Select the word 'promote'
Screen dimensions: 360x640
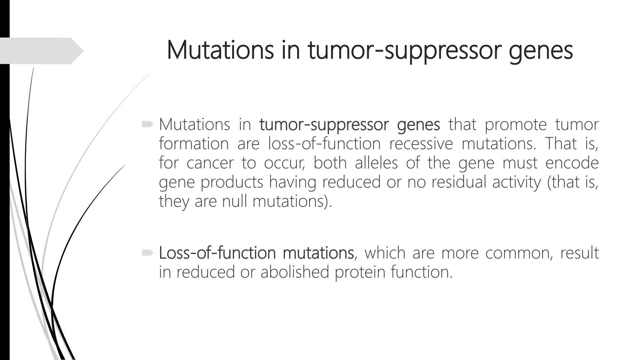pyautogui.click(x=515, y=125)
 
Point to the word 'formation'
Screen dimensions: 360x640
pyautogui.click(x=193, y=144)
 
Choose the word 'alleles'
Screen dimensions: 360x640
pyautogui.click(x=376, y=163)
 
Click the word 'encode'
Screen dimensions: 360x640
pyautogui.click(x=572, y=163)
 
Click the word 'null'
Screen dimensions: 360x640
pyautogui.click(x=234, y=202)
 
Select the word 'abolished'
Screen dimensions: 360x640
pyautogui.click(x=295, y=272)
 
